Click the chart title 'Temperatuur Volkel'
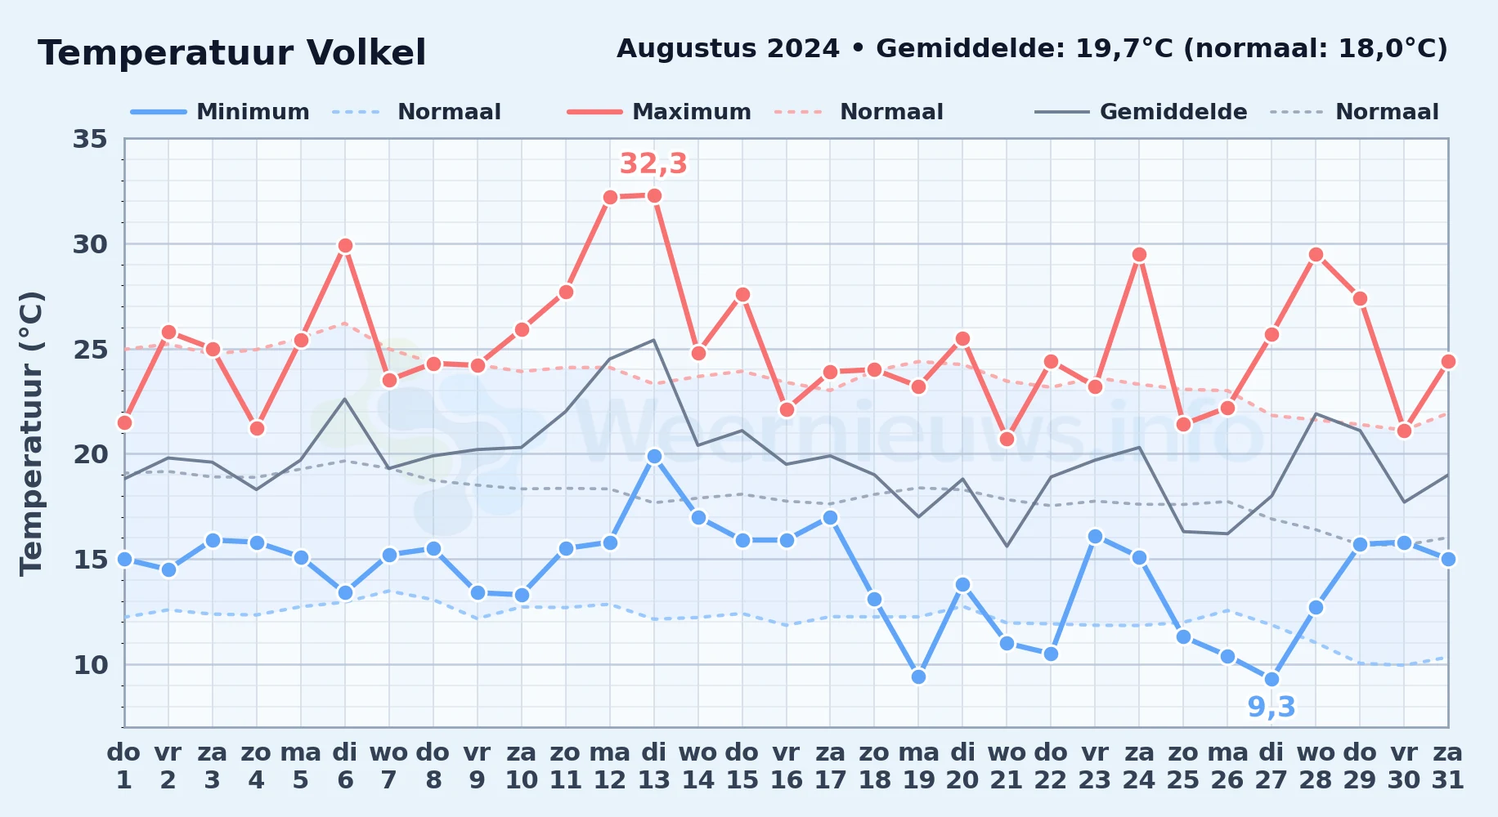point(232,53)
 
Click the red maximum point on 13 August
point(654,196)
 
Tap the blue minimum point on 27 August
point(1272,679)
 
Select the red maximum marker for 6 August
point(345,245)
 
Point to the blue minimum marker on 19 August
point(918,676)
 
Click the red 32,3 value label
point(653,163)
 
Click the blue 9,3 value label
point(1272,707)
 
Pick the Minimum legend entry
point(220,112)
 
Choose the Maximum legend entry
point(659,112)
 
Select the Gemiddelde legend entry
point(1141,112)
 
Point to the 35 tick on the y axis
point(90,139)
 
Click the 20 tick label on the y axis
point(90,454)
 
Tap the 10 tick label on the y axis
point(90,665)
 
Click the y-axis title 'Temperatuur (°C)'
point(31,433)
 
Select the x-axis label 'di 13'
point(654,766)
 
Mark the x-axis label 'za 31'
point(1448,766)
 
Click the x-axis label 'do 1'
point(124,766)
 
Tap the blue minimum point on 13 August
point(654,456)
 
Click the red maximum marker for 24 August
point(1139,255)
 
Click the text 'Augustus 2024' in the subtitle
point(728,49)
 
